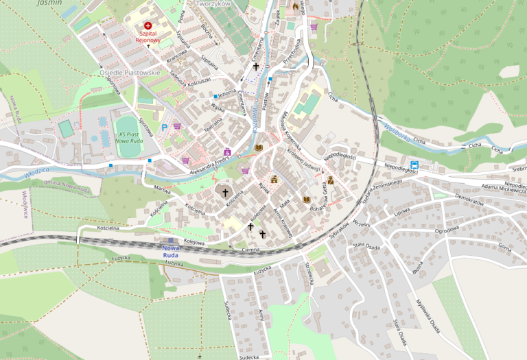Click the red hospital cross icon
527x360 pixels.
click(148, 25)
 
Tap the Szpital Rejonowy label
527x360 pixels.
click(148, 36)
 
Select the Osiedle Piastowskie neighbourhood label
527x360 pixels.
click(130, 73)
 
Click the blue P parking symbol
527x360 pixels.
click(164, 127)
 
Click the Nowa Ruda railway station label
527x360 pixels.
click(171, 252)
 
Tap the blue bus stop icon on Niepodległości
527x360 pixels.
click(414, 165)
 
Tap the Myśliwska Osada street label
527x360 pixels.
click(427, 315)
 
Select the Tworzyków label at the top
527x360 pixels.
click(212, 3)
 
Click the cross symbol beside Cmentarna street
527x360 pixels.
click(257, 67)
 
